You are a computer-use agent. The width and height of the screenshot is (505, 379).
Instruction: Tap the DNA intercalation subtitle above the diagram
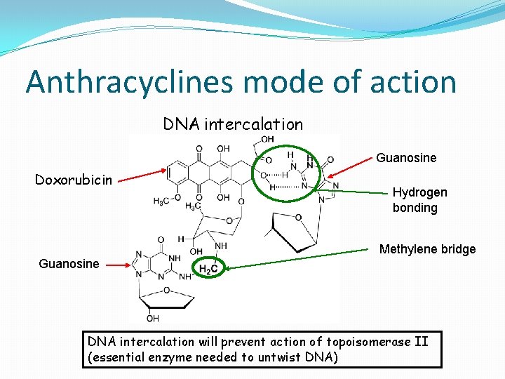(x=233, y=124)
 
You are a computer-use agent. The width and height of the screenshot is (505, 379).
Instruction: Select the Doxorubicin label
(x=74, y=180)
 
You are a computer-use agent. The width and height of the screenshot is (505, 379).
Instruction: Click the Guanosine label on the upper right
(x=406, y=158)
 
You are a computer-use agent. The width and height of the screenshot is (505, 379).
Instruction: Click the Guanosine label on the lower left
(x=69, y=263)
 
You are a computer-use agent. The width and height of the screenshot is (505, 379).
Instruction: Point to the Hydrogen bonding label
(x=419, y=200)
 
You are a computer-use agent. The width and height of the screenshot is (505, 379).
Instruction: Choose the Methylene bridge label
(x=427, y=249)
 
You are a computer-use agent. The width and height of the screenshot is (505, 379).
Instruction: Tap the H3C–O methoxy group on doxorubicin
(x=163, y=201)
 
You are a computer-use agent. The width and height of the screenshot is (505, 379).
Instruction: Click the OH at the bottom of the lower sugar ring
(x=152, y=318)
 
